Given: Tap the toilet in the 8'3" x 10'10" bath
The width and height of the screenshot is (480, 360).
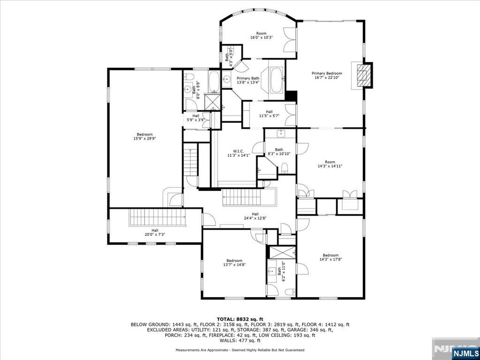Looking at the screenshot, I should [284, 168].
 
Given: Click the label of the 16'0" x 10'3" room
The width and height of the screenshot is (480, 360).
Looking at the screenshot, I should [261, 36].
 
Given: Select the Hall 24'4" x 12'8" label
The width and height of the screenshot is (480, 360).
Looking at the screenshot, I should [255, 216].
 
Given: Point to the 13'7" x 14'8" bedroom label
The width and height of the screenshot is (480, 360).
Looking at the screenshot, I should [234, 262].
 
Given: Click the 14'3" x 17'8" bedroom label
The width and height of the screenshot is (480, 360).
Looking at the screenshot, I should [330, 257].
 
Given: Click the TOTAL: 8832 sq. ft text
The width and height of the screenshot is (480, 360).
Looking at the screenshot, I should [240, 318].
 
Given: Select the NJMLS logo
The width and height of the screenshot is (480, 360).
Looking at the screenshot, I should [465, 352].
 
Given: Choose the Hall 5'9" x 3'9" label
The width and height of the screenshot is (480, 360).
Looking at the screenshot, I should [195, 118].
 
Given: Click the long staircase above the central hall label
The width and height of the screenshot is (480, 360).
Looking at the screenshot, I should [248, 197].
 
